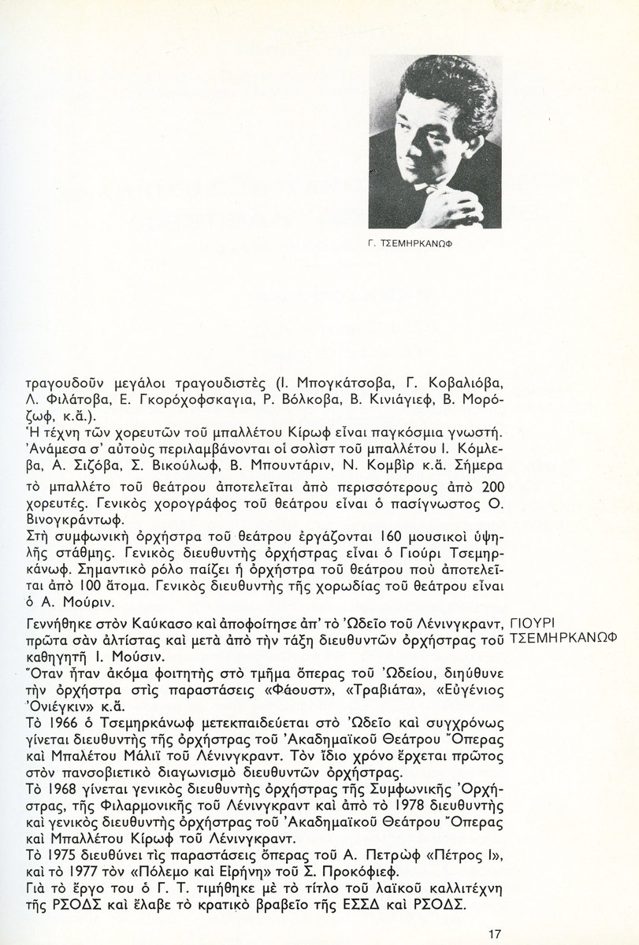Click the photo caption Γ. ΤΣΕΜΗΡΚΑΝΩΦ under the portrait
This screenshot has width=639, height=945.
point(413,243)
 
